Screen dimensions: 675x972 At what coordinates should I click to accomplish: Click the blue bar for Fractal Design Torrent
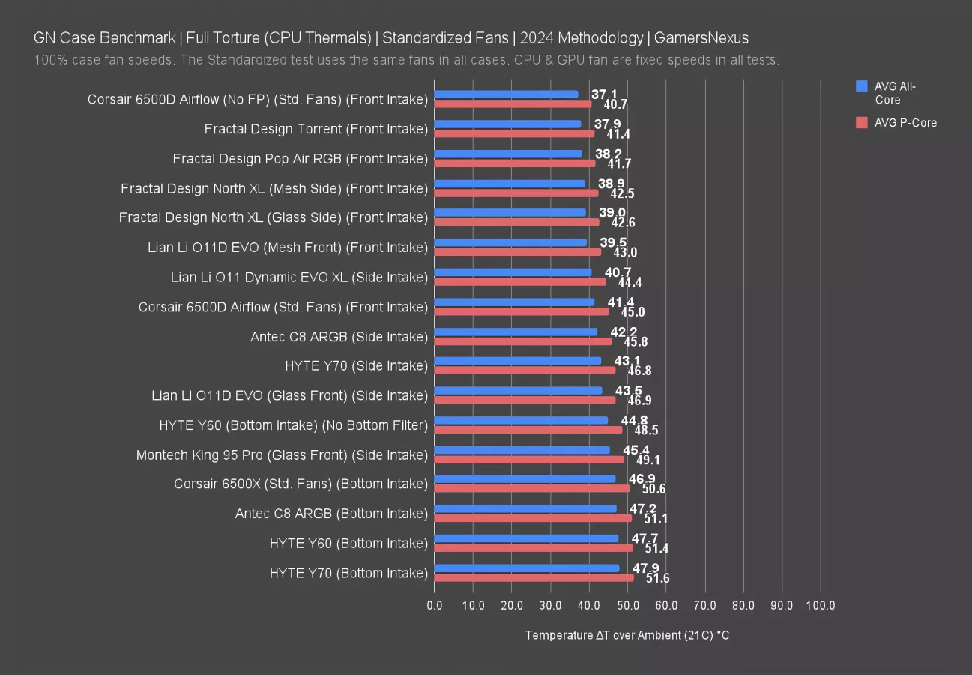click(x=507, y=124)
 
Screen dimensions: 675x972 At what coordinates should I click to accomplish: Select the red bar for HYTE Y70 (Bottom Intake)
click(x=534, y=577)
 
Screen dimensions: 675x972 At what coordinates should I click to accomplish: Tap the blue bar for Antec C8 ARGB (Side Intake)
click(x=516, y=331)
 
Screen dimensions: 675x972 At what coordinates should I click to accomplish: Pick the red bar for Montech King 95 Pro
click(x=529, y=460)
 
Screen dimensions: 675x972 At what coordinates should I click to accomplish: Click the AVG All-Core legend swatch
click(x=861, y=86)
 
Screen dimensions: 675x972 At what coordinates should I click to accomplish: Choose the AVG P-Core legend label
click(x=905, y=123)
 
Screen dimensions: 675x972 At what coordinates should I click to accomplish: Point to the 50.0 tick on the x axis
click(x=627, y=605)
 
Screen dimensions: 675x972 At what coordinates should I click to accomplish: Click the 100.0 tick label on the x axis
click(x=820, y=605)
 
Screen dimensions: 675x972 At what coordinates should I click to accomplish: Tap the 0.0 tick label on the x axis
click(x=435, y=605)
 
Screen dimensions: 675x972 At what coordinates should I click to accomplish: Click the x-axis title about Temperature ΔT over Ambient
click(x=627, y=635)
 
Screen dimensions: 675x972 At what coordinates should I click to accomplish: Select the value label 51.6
click(x=657, y=578)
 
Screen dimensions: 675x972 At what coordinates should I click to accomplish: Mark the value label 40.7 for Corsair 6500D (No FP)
click(x=615, y=104)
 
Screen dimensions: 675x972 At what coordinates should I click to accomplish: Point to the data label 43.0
click(x=625, y=253)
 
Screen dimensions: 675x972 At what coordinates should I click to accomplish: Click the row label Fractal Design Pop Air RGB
click(x=300, y=158)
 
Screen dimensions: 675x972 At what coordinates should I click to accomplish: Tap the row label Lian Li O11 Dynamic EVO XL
click(x=299, y=277)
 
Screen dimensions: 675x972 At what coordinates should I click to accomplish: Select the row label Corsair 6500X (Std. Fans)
click(x=301, y=484)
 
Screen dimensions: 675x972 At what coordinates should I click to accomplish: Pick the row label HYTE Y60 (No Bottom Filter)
click(x=293, y=424)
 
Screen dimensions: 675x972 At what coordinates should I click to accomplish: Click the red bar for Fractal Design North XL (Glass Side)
click(x=516, y=222)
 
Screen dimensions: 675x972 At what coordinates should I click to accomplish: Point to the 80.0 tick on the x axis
click(x=743, y=605)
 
